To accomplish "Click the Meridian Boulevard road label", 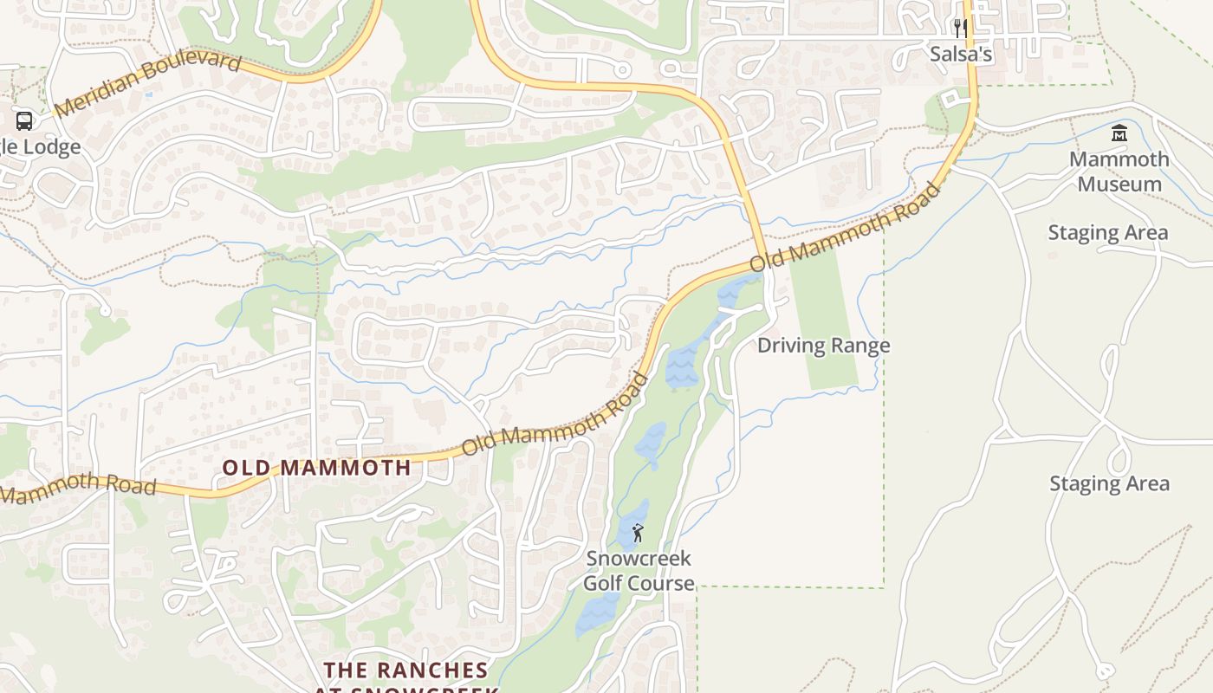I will (147, 83).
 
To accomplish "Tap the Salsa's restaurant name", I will (961, 54).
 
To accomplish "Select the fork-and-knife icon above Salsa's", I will (960, 28).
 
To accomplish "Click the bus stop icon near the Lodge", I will (24, 120).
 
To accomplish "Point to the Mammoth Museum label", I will (1119, 172).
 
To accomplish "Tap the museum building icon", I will (1119, 133).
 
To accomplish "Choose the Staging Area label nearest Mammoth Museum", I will (1108, 232).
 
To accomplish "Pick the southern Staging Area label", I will (1109, 483).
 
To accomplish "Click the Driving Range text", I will (823, 346).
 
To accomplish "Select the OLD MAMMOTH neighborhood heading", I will (317, 468).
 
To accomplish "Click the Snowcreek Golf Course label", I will (639, 570).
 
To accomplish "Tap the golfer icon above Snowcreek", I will (638, 533).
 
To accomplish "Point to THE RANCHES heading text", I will (406, 670).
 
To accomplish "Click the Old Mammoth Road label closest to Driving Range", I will (846, 227).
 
